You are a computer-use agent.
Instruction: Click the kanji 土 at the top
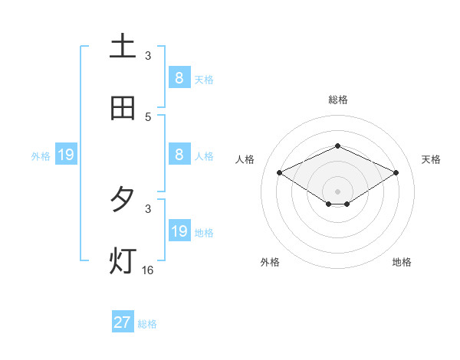[123, 47]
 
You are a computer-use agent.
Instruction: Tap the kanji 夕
[123, 200]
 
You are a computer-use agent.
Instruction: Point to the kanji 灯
[123, 261]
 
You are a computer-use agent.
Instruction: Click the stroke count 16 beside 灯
[148, 270]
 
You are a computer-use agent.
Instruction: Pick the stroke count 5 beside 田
[148, 116]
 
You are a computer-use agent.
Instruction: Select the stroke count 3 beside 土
[148, 55]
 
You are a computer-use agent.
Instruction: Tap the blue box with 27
[123, 322]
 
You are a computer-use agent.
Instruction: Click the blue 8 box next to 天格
[179, 77]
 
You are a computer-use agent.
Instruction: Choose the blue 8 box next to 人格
[179, 154]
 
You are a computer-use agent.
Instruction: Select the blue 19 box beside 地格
[179, 231]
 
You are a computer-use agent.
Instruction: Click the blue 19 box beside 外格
[66, 155]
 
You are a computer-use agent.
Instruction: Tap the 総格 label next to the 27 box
[147, 324]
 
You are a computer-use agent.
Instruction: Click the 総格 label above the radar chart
[337, 100]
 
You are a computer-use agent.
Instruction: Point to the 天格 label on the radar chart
[431, 159]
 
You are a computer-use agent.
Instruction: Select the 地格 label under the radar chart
[402, 262]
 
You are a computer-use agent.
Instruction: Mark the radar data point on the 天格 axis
[396, 173]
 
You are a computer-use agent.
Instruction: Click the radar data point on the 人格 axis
[280, 173]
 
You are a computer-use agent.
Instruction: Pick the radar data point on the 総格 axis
[337, 146]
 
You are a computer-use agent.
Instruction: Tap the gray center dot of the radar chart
[337, 191]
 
